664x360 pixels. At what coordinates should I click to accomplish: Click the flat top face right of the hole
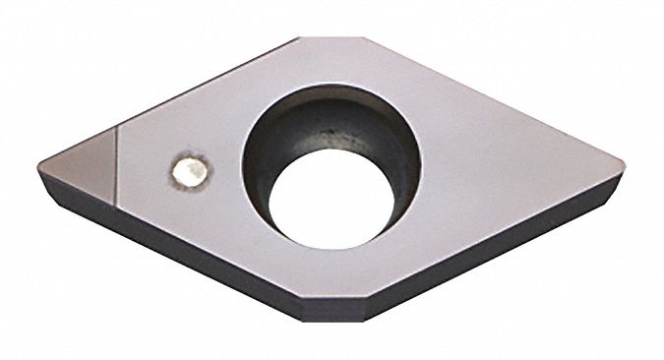(x=502, y=177)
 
